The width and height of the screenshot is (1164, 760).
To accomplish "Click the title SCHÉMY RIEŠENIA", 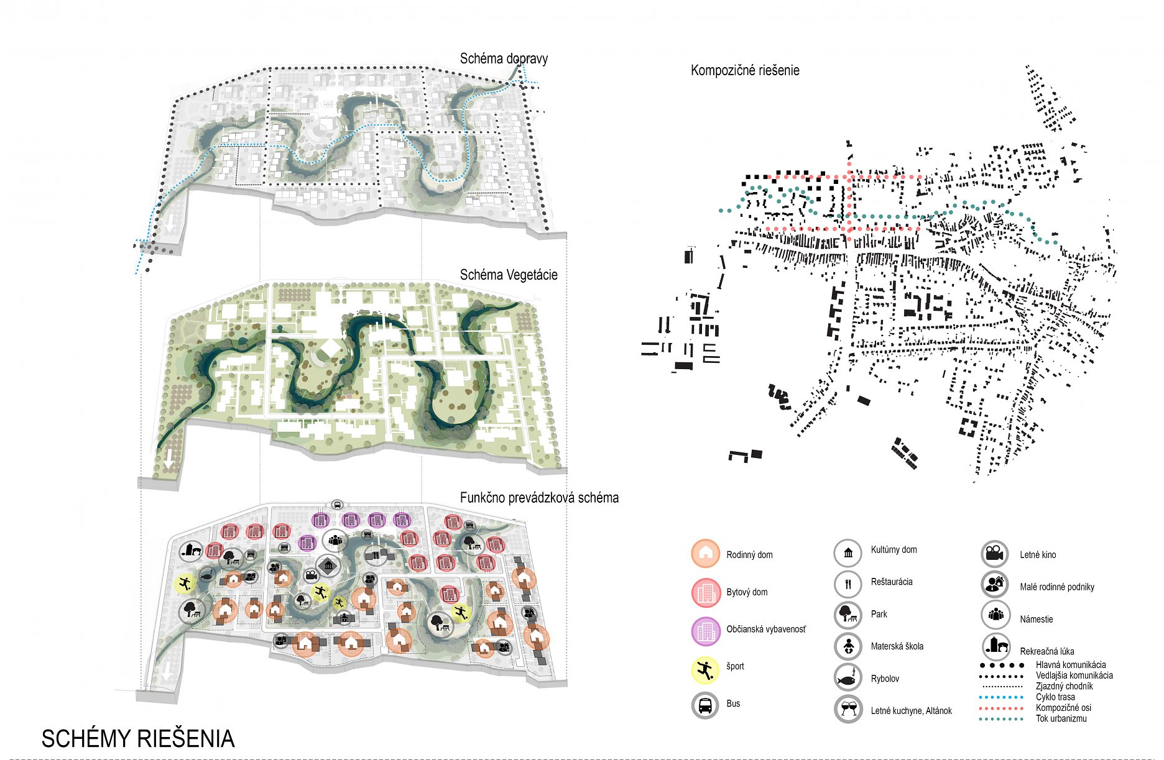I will click(138, 739).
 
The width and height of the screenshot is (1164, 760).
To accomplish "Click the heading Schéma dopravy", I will click(504, 58).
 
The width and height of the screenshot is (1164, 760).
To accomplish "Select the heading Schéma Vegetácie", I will click(508, 275).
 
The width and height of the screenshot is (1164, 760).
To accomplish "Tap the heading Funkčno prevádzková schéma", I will click(539, 498).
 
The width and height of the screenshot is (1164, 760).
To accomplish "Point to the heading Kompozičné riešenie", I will click(745, 70).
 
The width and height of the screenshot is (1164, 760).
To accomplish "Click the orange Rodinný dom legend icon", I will click(705, 554).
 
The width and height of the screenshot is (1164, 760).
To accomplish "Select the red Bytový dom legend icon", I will click(705, 592).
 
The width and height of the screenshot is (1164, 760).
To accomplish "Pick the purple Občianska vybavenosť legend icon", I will click(705, 631).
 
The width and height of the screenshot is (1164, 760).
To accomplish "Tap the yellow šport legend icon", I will click(705, 670).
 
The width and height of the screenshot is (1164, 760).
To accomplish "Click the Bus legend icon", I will click(705, 705).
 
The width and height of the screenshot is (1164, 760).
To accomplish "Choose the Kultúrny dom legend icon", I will click(848, 552).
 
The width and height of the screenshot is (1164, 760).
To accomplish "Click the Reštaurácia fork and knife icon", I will click(848, 584).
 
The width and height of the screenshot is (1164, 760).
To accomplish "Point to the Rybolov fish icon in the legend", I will click(848, 678).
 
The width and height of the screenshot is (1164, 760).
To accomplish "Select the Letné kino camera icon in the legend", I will click(994, 554).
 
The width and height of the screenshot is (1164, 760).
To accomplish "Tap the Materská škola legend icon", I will click(848, 646).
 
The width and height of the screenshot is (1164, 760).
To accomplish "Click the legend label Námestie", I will click(1036, 619).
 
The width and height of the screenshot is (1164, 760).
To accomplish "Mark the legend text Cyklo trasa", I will click(1055, 697).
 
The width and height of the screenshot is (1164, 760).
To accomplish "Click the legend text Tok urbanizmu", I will click(1061, 718).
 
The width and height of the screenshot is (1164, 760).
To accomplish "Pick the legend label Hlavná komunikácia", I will click(1070, 664).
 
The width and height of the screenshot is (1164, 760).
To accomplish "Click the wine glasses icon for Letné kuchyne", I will click(848, 709).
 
